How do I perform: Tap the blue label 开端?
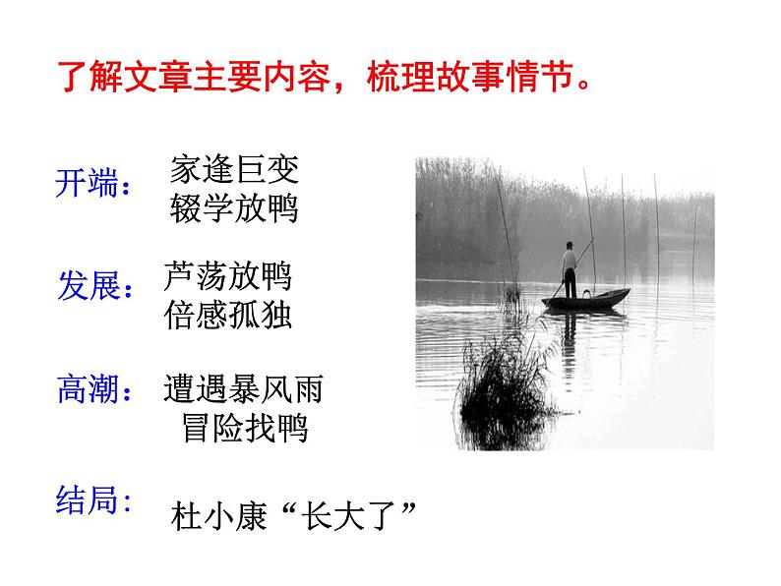[90, 184]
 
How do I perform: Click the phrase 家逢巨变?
[234, 169]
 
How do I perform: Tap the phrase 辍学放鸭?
[234, 209]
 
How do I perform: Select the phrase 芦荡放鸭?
[229, 276]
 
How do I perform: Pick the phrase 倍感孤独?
[229, 317]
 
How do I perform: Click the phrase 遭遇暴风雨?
[243, 389]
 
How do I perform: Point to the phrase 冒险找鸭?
[245, 430]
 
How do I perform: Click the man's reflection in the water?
[570, 339]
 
